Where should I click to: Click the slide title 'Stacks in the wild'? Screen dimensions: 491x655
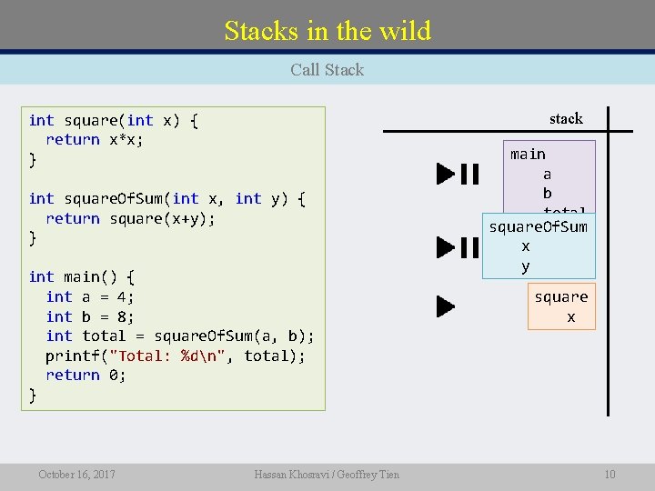(327, 31)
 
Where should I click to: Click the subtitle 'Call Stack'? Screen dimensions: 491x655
(327, 70)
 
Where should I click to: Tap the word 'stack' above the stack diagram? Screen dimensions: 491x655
(566, 118)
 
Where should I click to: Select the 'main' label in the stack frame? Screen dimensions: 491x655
(528, 154)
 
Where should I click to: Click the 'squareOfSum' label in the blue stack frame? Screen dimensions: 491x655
(539, 226)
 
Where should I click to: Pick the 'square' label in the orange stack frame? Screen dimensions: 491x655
(560, 297)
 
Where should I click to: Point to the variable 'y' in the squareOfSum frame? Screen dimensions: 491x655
(526, 266)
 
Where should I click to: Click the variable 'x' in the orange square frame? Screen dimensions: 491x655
(570, 317)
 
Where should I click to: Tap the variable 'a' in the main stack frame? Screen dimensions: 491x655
(547, 174)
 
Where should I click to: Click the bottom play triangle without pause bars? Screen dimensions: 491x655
(445, 306)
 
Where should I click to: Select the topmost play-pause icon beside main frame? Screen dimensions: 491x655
(457, 174)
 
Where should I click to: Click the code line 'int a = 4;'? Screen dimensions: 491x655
(90, 296)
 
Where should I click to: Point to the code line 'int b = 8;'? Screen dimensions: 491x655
(90, 316)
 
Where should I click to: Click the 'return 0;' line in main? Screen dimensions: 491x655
(86, 375)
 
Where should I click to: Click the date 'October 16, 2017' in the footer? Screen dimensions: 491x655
(76, 474)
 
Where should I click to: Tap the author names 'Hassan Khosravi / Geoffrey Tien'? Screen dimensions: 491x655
(327, 474)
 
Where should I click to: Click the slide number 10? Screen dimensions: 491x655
(610, 474)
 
